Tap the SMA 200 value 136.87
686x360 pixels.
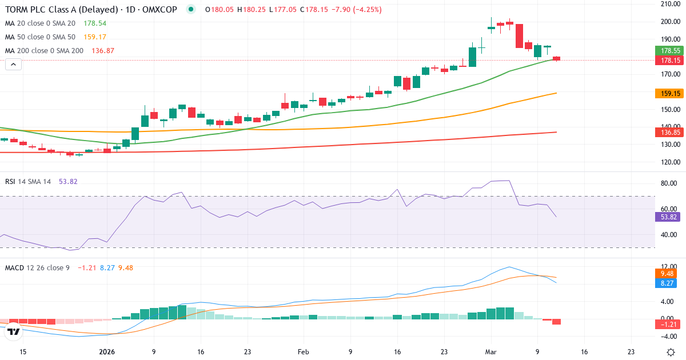click(x=103, y=51)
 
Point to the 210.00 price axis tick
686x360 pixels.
click(x=669, y=4)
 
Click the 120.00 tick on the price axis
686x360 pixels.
click(x=669, y=162)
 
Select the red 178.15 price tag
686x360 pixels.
click(x=669, y=60)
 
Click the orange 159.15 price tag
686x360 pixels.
click(x=669, y=93)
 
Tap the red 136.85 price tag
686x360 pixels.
click(x=669, y=133)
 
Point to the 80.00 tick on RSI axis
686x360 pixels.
click(x=669, y=183)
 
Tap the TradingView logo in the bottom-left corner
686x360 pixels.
click(x=14, y=331)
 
